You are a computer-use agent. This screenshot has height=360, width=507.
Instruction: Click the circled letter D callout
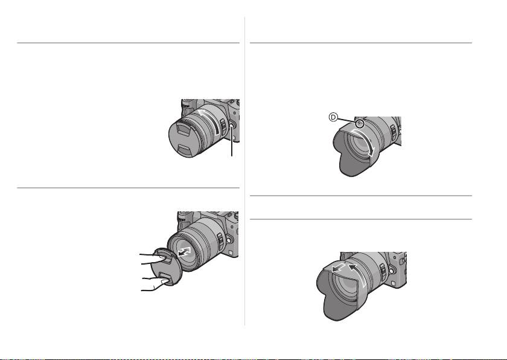333,117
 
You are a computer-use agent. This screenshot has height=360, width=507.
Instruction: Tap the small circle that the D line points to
359,123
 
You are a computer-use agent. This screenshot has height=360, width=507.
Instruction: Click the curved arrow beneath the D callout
364,142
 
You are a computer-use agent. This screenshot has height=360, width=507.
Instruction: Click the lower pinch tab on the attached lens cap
184,150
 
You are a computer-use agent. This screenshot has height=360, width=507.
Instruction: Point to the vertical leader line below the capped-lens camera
232,143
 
